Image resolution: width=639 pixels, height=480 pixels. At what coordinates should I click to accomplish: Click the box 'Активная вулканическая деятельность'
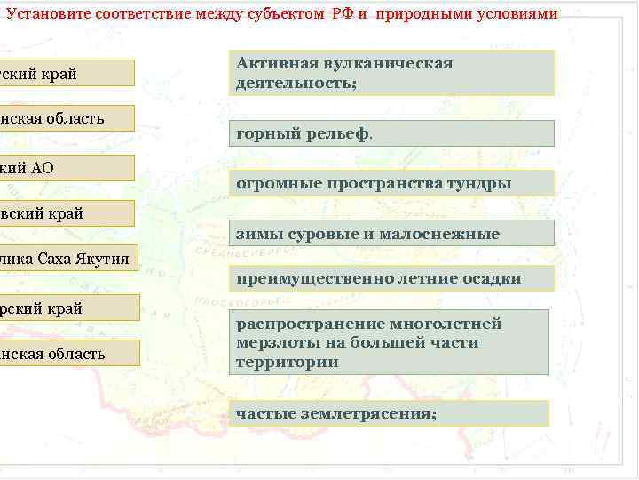tap(390, 73)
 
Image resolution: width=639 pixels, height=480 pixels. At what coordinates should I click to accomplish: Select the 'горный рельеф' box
tap(390, 133)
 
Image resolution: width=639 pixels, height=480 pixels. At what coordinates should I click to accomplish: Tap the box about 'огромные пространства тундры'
tap(390, 183)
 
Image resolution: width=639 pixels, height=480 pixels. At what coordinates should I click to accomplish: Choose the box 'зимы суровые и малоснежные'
tap(390, 234)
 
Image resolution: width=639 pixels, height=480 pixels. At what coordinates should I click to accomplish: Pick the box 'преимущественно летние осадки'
tap(390, 278)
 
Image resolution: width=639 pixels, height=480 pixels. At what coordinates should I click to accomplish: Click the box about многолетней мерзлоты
tap(389, 342)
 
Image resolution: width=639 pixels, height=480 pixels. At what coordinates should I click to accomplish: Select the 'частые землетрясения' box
tap(389, 413)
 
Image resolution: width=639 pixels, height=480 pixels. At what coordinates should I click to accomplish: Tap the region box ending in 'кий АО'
tap(67, 168)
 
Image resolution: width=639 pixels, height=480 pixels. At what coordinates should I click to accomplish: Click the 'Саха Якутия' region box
tap(69, 259)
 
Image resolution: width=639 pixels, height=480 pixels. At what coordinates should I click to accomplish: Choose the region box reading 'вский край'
tap(67, 213)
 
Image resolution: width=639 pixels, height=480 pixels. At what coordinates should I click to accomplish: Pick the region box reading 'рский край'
tap(69, 308)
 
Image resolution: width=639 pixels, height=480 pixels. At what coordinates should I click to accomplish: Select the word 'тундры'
tap(479, 184)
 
